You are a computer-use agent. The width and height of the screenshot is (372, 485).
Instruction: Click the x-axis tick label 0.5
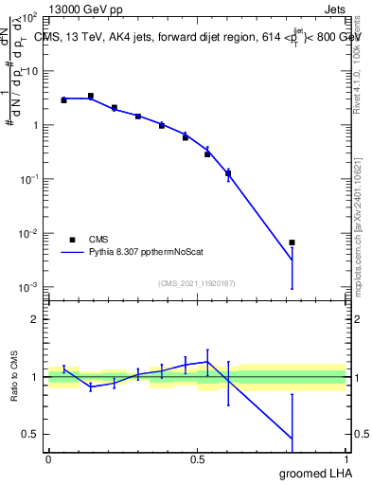(x=197, y=458)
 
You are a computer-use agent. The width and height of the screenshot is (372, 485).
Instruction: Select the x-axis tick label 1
(x=345, y=458)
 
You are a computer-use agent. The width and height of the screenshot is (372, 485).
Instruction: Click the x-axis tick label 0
(x=48, y=458)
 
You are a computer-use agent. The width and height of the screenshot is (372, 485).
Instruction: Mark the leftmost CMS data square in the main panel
(x=63, y=99)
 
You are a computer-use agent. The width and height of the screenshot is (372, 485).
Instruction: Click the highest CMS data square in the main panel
(x=90, y=96)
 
